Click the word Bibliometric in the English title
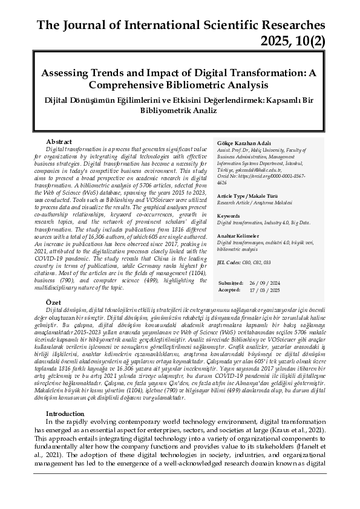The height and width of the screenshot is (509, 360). coord(201,84)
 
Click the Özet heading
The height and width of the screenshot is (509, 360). coord(54,301)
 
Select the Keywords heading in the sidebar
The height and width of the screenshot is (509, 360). coord(228,215)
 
